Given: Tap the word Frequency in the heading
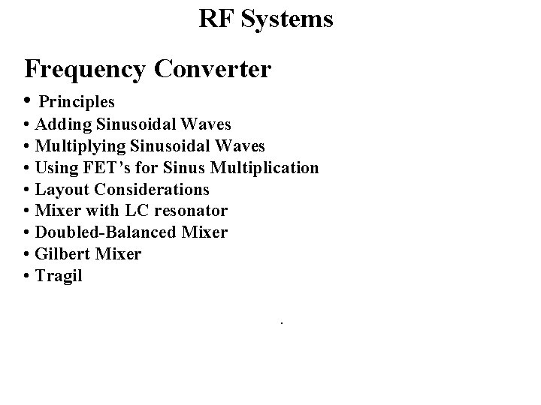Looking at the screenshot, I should coord(85,69).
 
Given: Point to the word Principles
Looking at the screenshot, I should coord(77,100).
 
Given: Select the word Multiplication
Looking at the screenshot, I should coord(270,167).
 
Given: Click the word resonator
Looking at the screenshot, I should coord(192,211).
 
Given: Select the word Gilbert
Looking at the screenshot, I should coord(62,254).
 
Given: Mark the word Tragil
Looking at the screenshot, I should coord(59,276).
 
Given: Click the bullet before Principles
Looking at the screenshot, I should coord(28,100).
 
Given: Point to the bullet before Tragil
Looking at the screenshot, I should coord(27,276).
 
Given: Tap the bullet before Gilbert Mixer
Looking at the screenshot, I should coord(27,254).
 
